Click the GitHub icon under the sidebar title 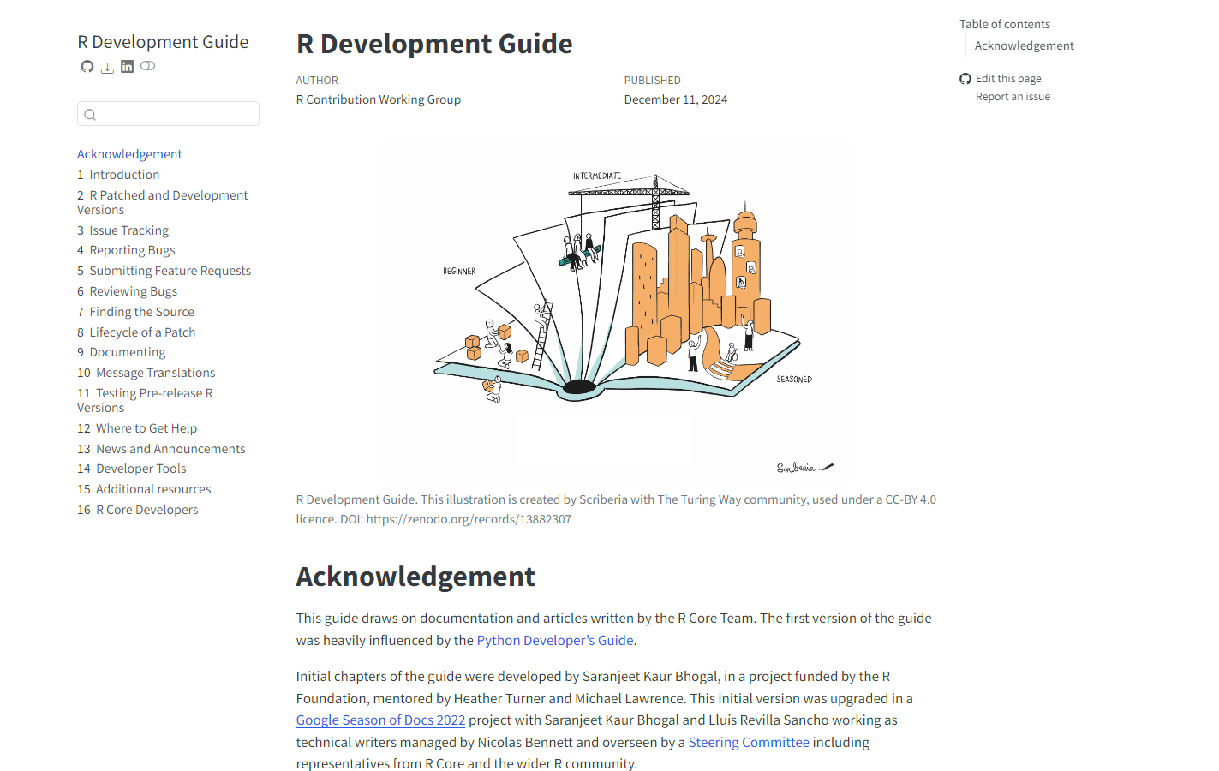click(87, 67)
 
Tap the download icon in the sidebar click(107, 68)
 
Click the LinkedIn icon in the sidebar click(127, 67)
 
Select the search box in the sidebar click(168, 114)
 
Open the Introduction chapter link click(124, 175)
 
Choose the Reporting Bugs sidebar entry click(132, 250)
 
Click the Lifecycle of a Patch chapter click(142, 332)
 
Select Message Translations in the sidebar click(155, 373)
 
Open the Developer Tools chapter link click(140, 469)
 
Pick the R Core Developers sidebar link click(146, 510)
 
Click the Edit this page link click(1008, 79)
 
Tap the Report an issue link click(1013, 97)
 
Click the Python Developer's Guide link click(555, 641)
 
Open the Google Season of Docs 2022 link click(380, 720)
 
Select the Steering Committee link click(749, 743)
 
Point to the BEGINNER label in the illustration click(459, 272)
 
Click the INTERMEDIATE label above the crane click(597, 176)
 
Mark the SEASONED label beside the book click(794, 380)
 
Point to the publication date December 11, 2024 click(676, 99)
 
